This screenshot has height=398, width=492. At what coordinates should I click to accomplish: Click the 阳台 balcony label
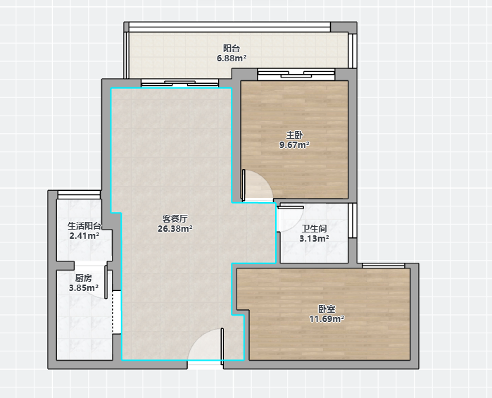click(232, 49)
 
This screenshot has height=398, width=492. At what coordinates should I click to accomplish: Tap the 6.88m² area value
click(232, 58)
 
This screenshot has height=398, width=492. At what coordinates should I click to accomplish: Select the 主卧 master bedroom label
click(294, 135)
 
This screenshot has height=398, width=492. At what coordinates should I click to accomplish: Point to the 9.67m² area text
click(294, 145)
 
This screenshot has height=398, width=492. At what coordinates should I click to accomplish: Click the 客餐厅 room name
click(175, 218)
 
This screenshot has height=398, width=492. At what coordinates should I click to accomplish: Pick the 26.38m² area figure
click(175, 229)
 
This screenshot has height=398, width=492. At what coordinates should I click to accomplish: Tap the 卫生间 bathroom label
click(314, 228)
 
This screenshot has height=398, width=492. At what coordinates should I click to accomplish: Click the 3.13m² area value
click(314, 238)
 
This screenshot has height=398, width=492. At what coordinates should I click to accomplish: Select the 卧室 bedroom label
click(327, 309)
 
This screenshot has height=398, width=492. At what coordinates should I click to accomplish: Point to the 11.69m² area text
click(327, 319)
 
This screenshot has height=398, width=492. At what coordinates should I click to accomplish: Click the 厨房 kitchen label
click(84, 278)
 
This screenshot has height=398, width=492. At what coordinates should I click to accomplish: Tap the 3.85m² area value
click(84, 287)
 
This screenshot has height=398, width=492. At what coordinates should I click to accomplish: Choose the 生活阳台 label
click(84, 225)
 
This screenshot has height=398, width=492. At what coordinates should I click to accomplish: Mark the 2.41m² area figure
click(84, 235)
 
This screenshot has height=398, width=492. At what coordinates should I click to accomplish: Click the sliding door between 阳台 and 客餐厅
click(179, 83)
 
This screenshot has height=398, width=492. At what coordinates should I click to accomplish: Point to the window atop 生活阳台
click(79, 194)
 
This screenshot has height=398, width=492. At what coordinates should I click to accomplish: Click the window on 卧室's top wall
click(383, 266)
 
